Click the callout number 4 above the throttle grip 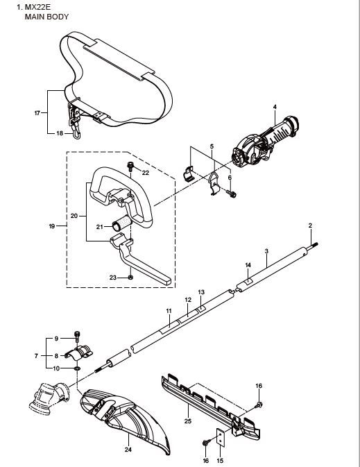point(275,107)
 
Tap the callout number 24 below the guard point(128,450)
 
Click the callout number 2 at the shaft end point(310,226)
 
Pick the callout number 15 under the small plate point(220,460)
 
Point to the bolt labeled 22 point(130,165)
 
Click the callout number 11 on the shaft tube point(169,311)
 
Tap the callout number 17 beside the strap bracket point(36,111)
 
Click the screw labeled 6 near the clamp point(232,194)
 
